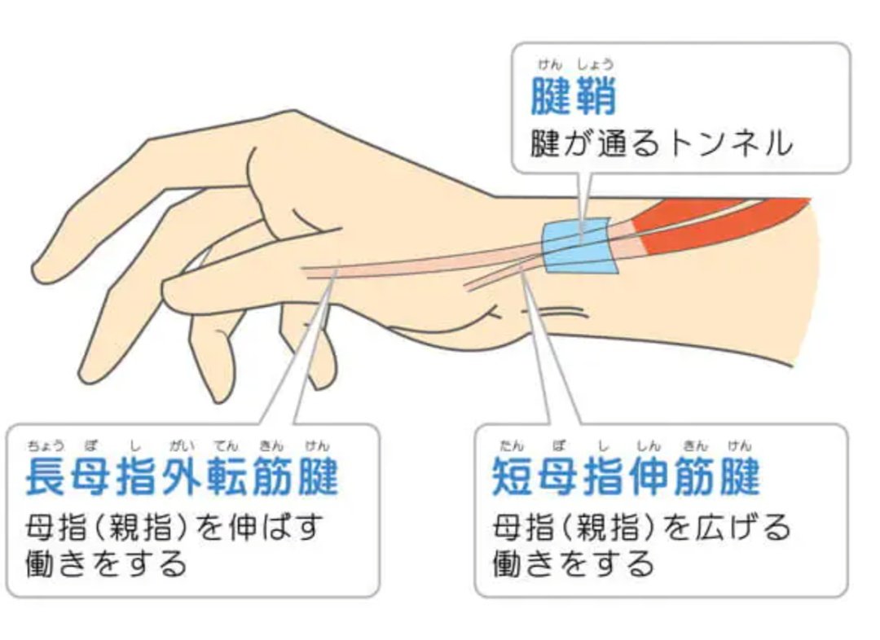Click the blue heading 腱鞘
pyautogui.click(x=573, y=95)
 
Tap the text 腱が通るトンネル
pyautogui.click(x=662, y=143)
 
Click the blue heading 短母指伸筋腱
pyautogui.click(x=627, y=476)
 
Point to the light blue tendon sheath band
pyautogui.click(x=580, y=245)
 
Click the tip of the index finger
pyautogui.click(x=38, y=271)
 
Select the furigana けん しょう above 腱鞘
pyautogui.click(x=576, y=65)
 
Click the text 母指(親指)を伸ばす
pyautogui.click(x=174, y=528)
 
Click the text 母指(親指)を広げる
pyautogui.click(x=641, y=528)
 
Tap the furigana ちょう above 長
pyautogui.click(x=46, y=446)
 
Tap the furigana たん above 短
pyautogui.click(x=511, y=446)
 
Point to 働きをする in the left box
pyautogui.click(x=106, y=564)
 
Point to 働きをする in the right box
pyautogui.click(x=573, y=564)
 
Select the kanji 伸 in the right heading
pyautogui.click(x=649, y=476)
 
